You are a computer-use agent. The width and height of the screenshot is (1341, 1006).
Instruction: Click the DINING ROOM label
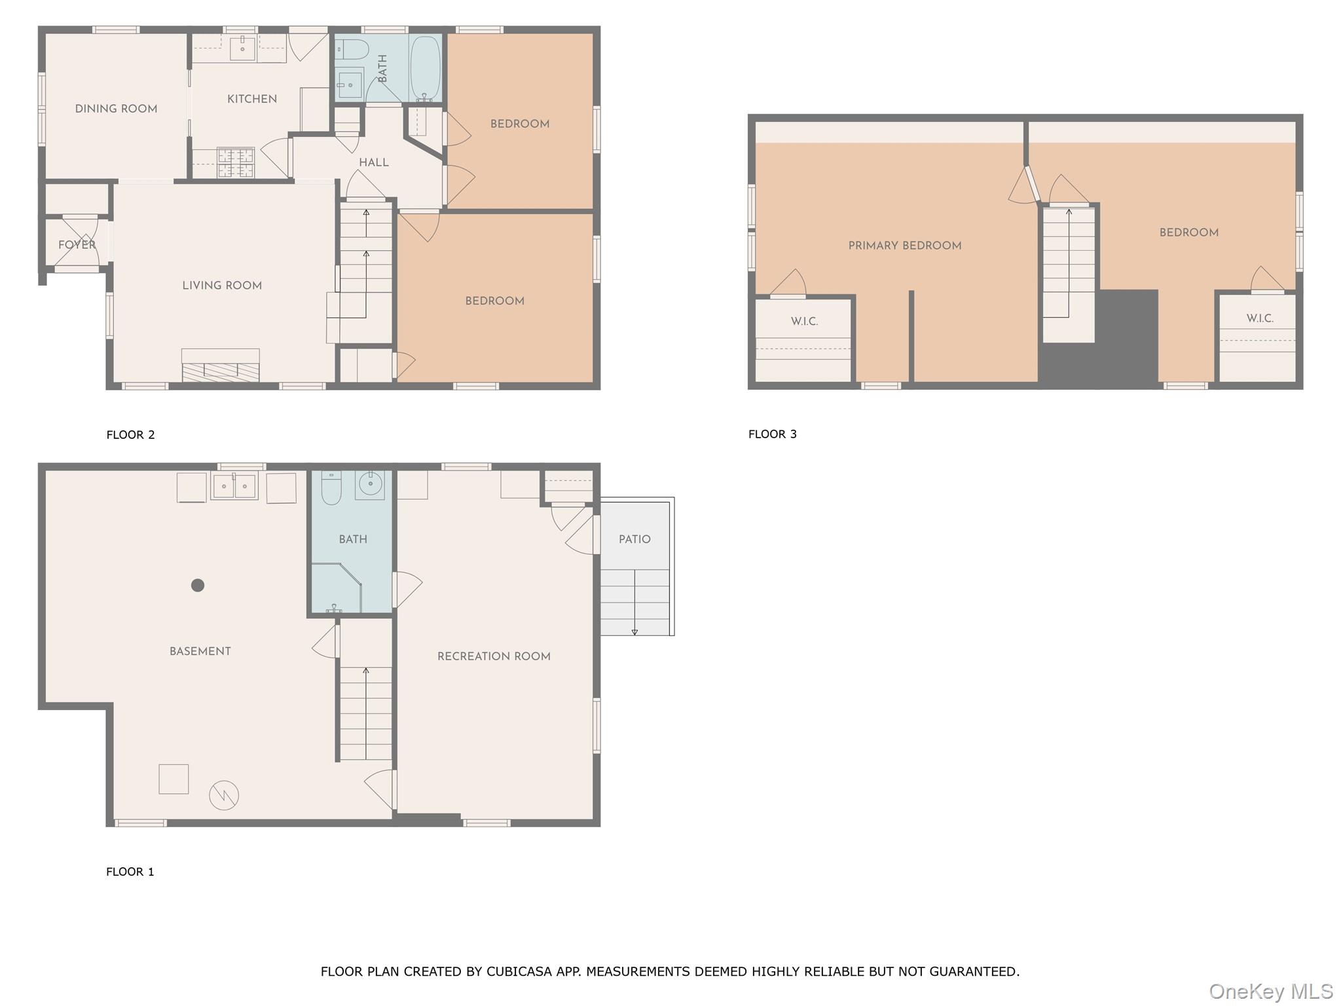116,109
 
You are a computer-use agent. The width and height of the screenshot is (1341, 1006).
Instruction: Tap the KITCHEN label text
252,99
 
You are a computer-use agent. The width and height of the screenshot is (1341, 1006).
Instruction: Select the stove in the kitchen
235,163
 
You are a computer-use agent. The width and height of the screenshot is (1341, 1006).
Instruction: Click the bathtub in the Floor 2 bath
425,68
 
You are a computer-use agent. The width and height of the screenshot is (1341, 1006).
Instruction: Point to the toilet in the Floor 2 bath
352,49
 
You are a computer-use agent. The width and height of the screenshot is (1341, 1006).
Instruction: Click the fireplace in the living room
220,365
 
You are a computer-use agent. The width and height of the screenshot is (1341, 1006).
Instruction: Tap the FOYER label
77,245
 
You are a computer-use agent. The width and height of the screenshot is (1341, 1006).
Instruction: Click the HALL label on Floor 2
374,162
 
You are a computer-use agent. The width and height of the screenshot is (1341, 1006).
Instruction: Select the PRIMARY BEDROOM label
905,246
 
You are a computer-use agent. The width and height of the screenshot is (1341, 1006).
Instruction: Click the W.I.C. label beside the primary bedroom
804,322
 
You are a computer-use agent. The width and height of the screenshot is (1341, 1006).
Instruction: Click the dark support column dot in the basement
198,586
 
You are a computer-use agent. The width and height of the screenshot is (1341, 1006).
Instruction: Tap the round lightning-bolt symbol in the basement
224,796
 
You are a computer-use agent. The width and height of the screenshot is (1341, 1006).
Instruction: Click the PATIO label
634,539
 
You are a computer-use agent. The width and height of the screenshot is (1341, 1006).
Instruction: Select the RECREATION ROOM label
494,656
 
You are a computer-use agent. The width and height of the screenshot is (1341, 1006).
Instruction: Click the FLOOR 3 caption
773,434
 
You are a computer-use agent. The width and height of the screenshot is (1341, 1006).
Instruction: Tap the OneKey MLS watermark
1270,992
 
